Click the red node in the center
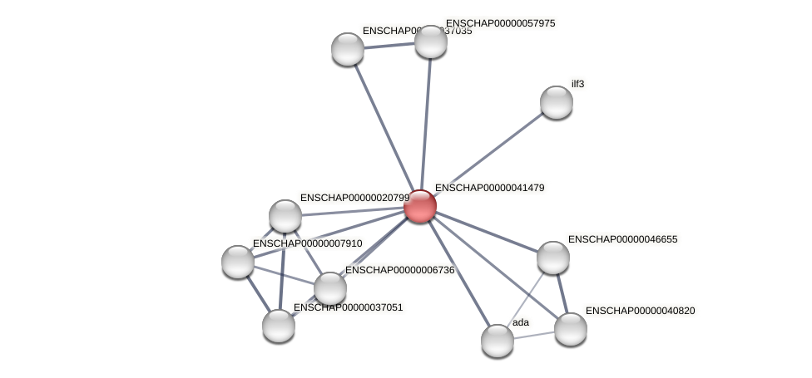[x=420, y=206]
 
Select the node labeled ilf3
[x=556, y=102]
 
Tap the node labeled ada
[x=497, y=341]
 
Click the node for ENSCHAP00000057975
[x=430, y=42]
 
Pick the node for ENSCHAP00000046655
[x=552, y=258]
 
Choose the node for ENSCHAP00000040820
[x=570, y=329]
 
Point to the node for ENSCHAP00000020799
[x=285, y=216]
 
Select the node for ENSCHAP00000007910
[x=237, y=262]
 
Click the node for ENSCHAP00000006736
[x=329, y=288]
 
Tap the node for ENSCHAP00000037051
[x=278, y=326]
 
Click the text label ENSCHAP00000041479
[x=489, y=188]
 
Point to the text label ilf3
[x=577, y=84]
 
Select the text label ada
[x=520, y=322]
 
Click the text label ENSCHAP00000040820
[x=640, y=311]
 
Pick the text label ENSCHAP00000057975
[x=500, y=23]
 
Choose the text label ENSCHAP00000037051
[x=348, y=307]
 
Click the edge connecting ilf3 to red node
[x=488, y=154]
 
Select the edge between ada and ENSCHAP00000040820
[x=533, y=335]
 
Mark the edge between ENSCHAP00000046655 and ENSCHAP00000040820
[x=562, y=293]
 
